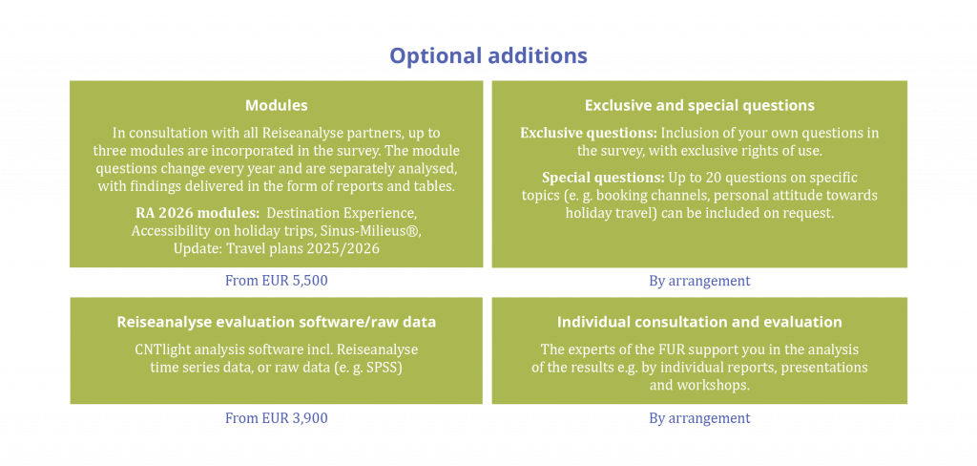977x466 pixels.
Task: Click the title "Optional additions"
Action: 488,55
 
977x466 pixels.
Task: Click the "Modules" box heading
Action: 276,105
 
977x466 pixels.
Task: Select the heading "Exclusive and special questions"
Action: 699,105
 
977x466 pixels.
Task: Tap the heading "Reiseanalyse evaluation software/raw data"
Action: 276,322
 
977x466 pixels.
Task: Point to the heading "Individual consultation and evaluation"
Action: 699,322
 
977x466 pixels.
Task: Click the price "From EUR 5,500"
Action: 276,281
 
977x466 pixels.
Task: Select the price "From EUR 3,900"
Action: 276,418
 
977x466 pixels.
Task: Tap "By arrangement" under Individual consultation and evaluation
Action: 699,418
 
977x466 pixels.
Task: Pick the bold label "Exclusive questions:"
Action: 588,133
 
